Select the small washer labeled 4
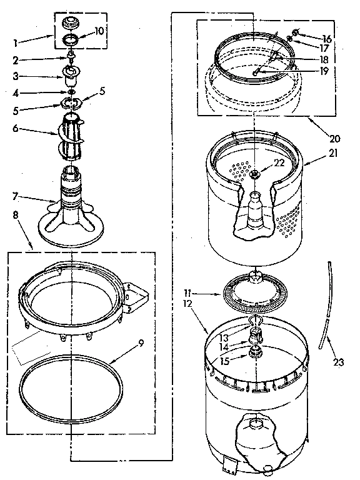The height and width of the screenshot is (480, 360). (x=72, y=94)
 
